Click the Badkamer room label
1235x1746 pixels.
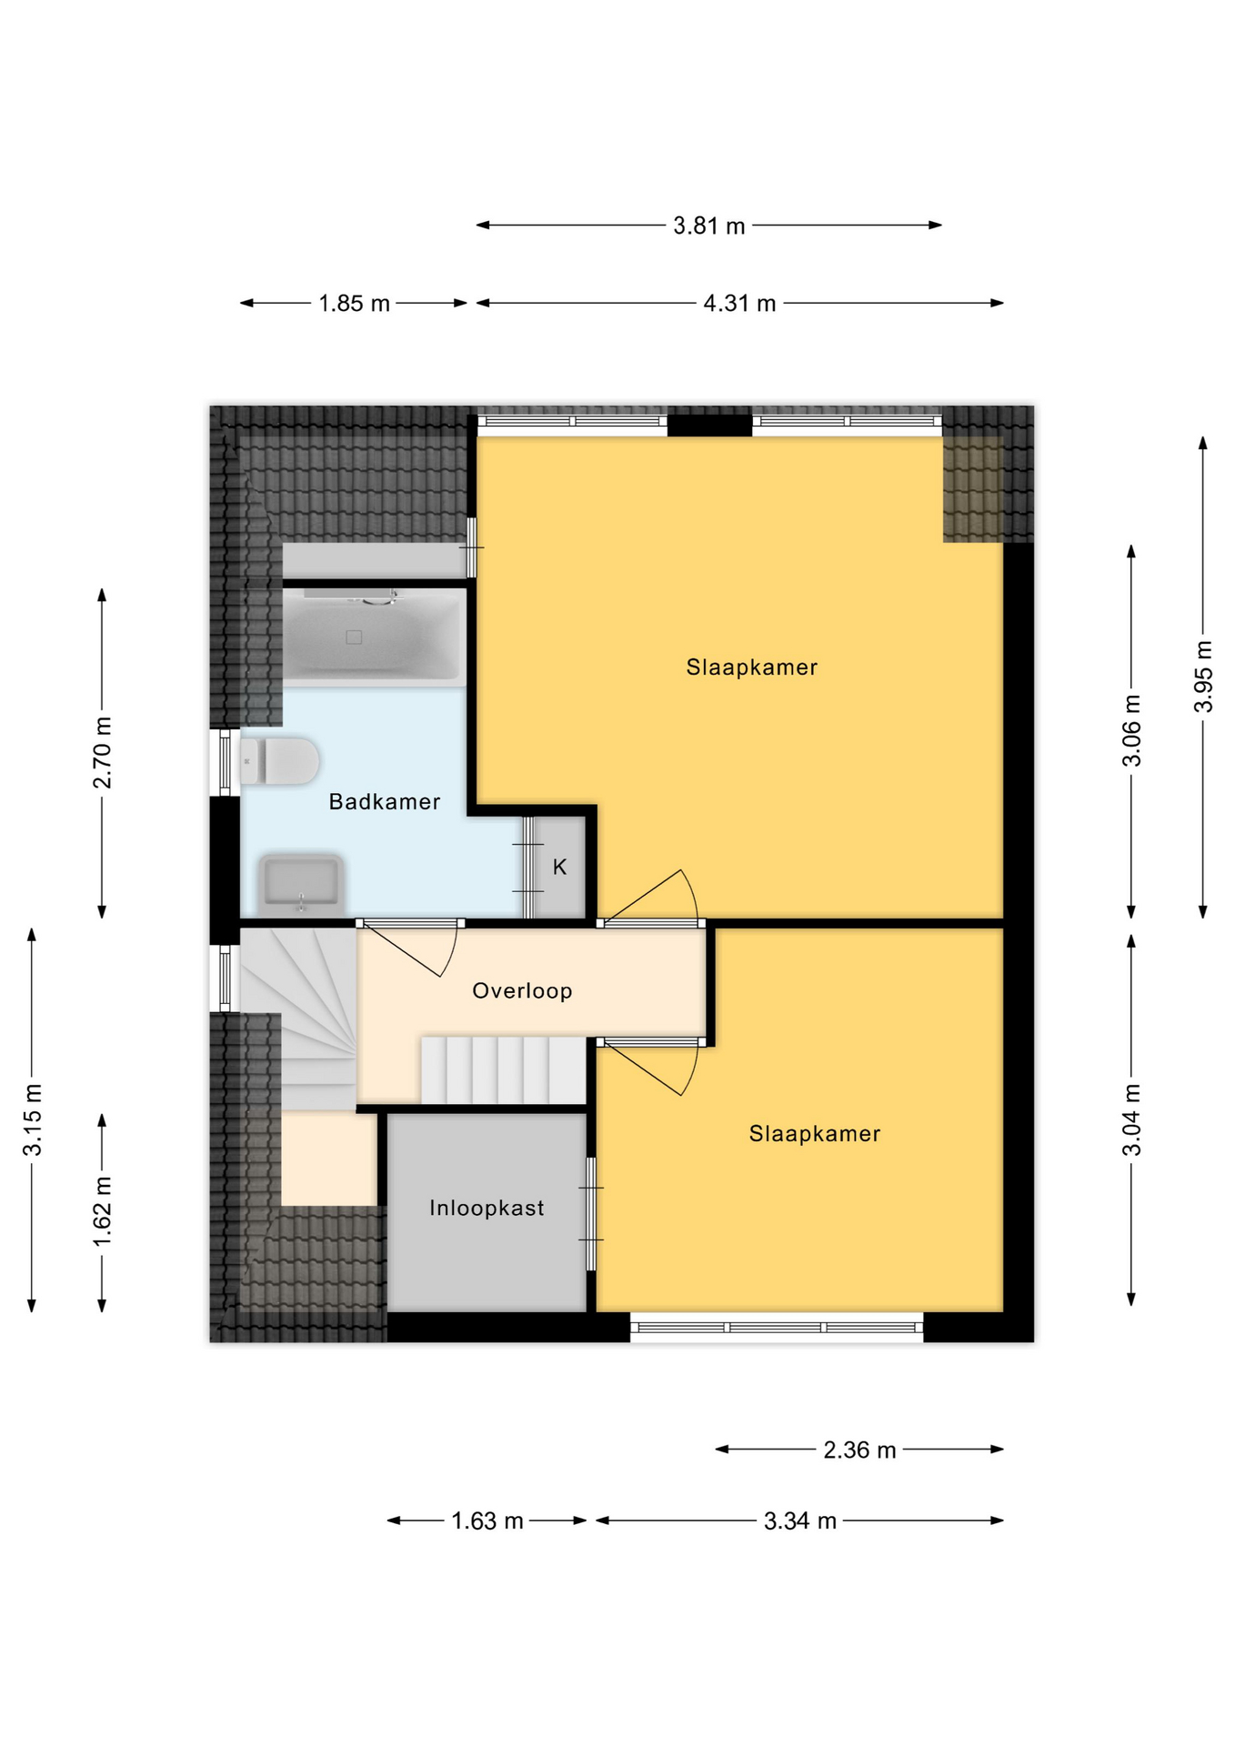coord(384,802)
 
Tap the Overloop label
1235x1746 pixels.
coord(522,991)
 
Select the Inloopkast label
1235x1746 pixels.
coord(487,1209)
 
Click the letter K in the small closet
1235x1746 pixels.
coord(559,868)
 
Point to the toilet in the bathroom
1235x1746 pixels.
coord(280,761)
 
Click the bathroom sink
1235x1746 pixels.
coord(301,883)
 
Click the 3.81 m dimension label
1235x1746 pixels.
coord(708,226)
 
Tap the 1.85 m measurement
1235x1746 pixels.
coord(354,304)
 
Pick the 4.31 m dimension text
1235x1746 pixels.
coord(739,304)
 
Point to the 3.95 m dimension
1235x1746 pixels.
coord(1203,677)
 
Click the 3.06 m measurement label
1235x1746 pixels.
coord(1131,731)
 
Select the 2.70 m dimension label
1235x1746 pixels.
coord(102,753)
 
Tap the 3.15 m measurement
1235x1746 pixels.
coord(32,1120)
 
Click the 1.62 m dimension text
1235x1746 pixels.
coord(102,1212)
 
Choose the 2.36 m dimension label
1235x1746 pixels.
coord(859,1450)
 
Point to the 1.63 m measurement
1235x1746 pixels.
coord(487,1521)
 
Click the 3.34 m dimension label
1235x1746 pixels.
coord(799,1521)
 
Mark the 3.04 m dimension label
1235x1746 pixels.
coord(1131,1120)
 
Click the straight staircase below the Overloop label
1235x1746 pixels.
coord(503,1070)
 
